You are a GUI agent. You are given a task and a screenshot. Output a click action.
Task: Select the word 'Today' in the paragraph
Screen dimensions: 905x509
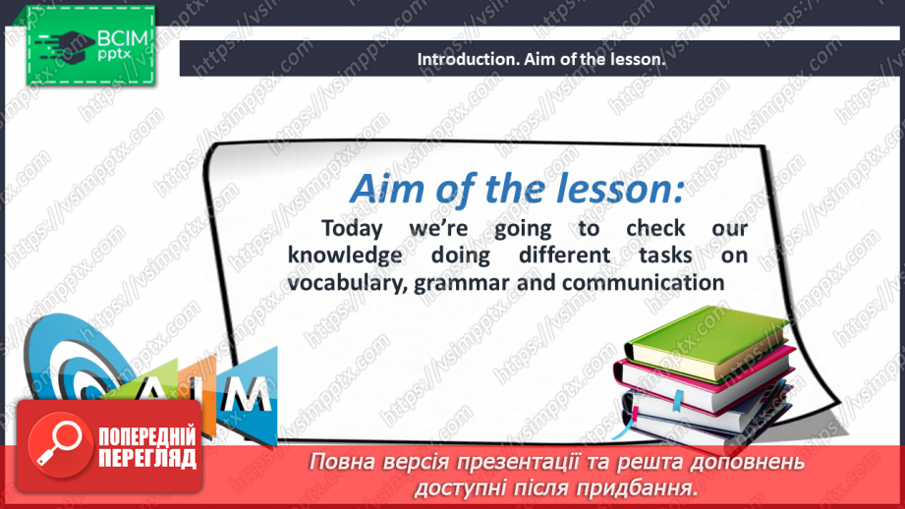(x=352, y=229)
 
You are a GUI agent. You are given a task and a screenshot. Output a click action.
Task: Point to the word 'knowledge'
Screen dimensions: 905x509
(x=345, y=255)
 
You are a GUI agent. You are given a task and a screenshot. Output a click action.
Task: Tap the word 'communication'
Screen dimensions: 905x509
(x=643, y=283)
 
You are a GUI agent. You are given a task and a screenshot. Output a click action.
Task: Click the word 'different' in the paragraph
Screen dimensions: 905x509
(x=564, y=255)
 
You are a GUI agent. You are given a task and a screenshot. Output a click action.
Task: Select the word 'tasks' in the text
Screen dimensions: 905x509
(x=665, y=255)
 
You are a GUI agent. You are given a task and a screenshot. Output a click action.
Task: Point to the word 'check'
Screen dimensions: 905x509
(x=655, y=229)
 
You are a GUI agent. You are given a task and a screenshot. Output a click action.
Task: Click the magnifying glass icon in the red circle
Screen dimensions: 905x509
(x=59, y=443)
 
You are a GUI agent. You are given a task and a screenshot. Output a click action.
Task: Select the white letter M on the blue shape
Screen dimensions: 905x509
(x=248, y=395)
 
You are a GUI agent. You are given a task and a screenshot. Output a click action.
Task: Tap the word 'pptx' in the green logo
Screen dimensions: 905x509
(x=115, y=55)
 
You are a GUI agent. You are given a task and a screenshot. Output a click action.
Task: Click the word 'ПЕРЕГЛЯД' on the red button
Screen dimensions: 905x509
(x=147, y=459)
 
